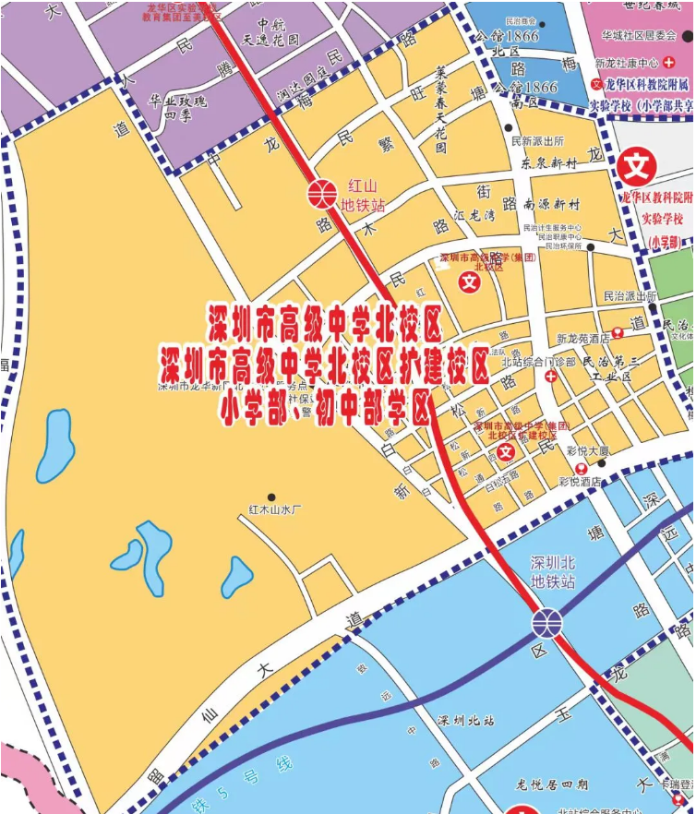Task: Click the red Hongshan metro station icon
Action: click(321, 194)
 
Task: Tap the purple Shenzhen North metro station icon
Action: click(546, 624)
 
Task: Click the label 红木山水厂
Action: click(275, 509)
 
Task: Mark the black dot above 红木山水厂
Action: click(270, 497)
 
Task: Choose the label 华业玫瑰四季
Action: click(171, 110)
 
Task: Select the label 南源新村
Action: click(551, 204)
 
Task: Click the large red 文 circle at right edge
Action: click(636, 168)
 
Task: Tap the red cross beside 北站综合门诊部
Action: click(551, 377)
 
